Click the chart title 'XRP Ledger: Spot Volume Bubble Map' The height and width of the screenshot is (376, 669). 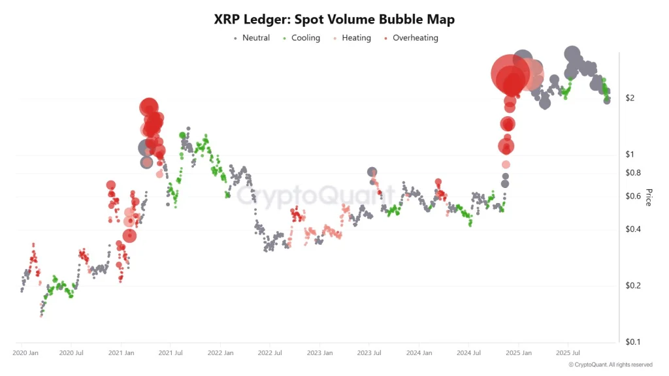[x=334, y=20]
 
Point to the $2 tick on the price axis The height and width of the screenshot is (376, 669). [x=630, y=98]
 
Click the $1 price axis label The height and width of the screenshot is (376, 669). [x=630, y=155]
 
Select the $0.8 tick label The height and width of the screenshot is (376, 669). [x=632, y=173]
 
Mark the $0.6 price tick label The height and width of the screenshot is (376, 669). [x=632, y=196]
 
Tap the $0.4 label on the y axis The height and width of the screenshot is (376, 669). [x=632, y=229]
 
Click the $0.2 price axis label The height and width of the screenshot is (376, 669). [x=632, y=286]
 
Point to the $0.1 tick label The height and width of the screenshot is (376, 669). [x=632, y=342]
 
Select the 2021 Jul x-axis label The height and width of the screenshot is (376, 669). [x=170, y=353]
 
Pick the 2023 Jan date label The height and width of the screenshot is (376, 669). [x=319, y=353]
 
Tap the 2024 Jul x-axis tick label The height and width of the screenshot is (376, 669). [x=468, y=353]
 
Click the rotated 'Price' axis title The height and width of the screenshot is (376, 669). [x=649, y=197]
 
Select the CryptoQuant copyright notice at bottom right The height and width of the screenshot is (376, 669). [x=610, y=365]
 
